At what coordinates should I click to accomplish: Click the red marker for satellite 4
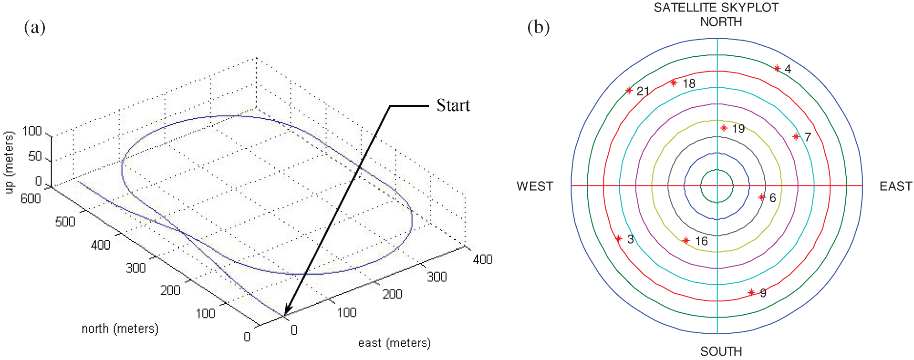777,69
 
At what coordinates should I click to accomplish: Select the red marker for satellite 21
629,90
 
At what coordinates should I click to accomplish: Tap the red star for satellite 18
674,82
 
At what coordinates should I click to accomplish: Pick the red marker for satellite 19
724,128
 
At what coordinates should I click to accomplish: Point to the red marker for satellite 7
796,137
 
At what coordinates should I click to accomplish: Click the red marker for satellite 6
762,197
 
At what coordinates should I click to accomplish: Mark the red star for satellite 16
686,240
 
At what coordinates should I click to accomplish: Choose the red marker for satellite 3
619,238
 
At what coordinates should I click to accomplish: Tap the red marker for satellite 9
751,292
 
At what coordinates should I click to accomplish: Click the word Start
453,105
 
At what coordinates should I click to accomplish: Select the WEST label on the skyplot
535,186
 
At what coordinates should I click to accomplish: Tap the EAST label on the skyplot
895,186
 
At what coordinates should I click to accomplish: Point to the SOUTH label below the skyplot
721,351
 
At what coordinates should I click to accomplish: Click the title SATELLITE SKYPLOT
716,8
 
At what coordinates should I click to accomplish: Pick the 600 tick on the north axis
31,198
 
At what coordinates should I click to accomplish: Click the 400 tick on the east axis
482,259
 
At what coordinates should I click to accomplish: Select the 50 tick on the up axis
35,156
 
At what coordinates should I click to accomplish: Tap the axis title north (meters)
120,328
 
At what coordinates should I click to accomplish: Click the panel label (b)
538,27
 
